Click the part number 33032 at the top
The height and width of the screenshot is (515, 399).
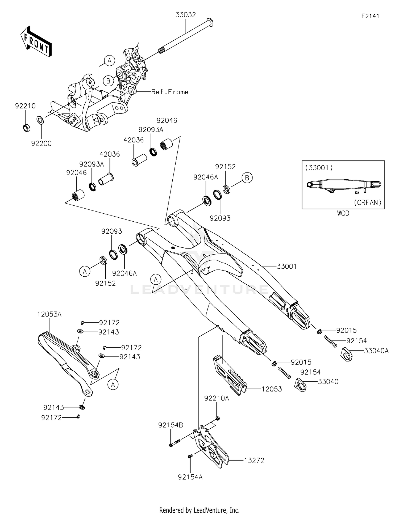(x=185, y=15)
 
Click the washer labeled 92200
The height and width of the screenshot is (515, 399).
(x=40, y=120)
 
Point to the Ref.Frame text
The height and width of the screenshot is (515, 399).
(x=169, y=92)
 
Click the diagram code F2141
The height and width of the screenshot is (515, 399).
(x=370, y=16)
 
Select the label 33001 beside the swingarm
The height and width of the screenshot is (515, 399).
(x=286, y=266)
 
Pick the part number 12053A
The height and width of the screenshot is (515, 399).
(x=49, y=314)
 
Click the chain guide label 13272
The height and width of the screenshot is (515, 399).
(x=254, y=461)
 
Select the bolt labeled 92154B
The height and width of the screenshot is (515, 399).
(x=171, y=425)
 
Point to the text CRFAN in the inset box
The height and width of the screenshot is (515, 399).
(x=368, y=202)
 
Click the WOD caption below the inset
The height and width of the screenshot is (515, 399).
(x=343, y=213)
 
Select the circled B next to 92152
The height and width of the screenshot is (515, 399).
(x=247, y=178)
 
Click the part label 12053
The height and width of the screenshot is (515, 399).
(x=272, y=389)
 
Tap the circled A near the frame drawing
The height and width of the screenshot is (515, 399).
(x=109, y=61)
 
